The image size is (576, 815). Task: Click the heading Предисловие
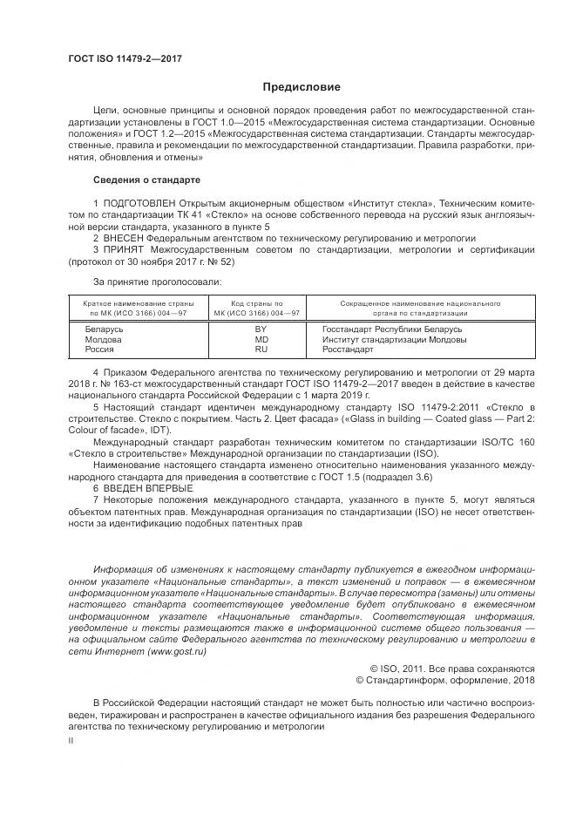pos(302,87)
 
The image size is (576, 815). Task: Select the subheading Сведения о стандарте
pos(146,180)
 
